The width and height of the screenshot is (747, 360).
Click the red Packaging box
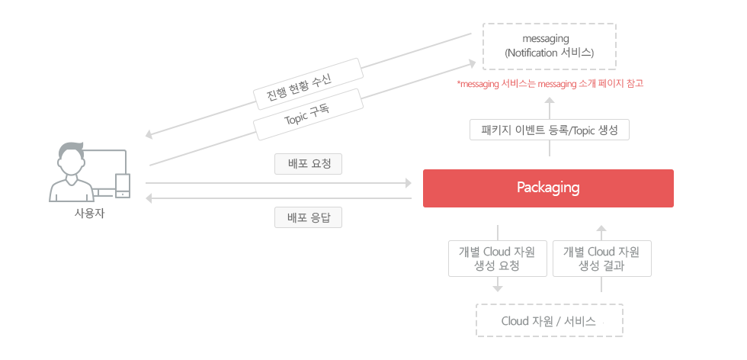point(548,188)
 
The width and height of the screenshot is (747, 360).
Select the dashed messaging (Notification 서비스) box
point(550,47)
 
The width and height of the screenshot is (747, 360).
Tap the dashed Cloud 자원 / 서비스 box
point(550,320)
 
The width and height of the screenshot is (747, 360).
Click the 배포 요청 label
point(308,164)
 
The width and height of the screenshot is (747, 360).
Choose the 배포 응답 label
point(308,217)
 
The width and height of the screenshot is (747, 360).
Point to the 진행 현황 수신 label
point(307,85)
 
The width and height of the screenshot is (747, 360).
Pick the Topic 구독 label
point(307,114)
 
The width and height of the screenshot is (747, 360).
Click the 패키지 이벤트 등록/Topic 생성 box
point(550,130)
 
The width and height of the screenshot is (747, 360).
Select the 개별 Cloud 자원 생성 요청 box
point(497,259)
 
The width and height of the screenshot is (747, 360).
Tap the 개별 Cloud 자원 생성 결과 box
point(601,259)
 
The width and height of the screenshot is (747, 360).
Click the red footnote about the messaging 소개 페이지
point(550,84)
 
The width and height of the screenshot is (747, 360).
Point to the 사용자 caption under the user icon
point(89,214)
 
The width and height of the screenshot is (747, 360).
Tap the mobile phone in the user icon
point(123,185)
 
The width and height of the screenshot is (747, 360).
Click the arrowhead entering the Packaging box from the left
point(408,183)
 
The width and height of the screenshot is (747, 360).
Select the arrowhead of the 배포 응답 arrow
point(149,198)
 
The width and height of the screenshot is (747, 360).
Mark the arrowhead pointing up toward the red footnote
point(550,100)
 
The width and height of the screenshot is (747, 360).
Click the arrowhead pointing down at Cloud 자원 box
point(498,288)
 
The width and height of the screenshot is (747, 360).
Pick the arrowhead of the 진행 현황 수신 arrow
point(149,135)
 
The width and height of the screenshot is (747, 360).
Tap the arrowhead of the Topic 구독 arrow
point(472,63)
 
